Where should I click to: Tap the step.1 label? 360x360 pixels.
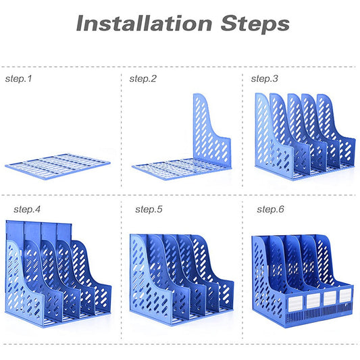coord(18,79)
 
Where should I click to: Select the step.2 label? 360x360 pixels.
coord(143,79)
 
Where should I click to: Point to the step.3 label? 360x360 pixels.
coord(264,79)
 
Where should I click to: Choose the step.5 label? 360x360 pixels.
coord(149,209)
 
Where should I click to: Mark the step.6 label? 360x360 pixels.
coord(270,209)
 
